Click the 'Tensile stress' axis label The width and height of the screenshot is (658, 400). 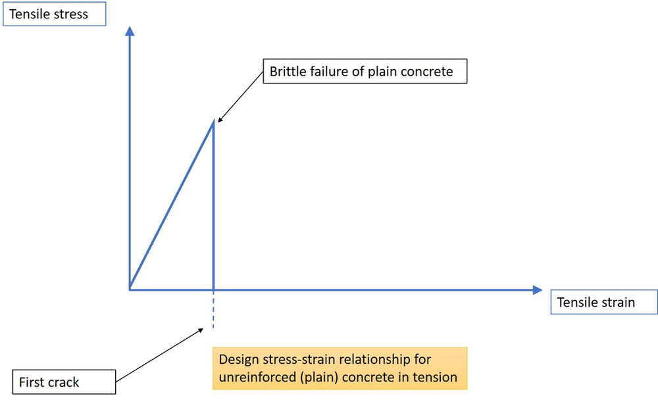click(x=49, y=14)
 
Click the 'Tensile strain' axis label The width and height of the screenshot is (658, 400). click(x=596, y=302)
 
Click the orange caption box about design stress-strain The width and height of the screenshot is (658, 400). click(x=339, y=368)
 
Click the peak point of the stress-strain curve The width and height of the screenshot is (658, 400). click(x=213, y=123)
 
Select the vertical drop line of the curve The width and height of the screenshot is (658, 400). click(x=213, y=211)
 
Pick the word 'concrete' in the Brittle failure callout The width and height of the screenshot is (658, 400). click(x=426, y=71)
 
